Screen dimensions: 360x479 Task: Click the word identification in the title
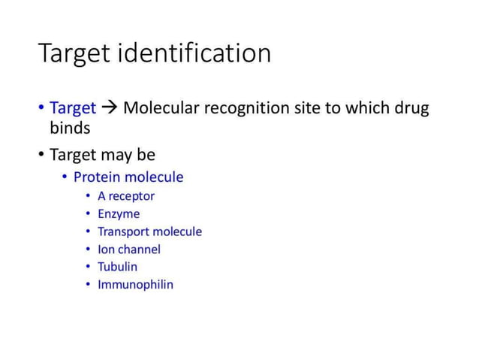[x=197, y=54]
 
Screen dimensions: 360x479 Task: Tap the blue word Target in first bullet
[x=73, y=108]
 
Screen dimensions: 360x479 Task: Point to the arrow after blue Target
[x=110, y=108]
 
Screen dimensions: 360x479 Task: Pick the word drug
[x=411, y=108]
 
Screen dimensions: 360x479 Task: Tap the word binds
[x=65, y=128]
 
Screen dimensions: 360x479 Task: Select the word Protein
[x=97, y=177]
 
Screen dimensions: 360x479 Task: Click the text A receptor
[x=126, y=196]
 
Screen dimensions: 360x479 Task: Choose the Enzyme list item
[x=119, y=214]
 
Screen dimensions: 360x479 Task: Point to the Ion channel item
[x=129, y=250]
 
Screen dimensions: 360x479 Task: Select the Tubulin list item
[x=118, y=267]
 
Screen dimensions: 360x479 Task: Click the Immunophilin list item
[x=135, y=285]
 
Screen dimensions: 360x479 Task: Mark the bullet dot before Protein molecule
[x=65, y=177]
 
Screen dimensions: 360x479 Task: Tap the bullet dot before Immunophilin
[x=89, y=285]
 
